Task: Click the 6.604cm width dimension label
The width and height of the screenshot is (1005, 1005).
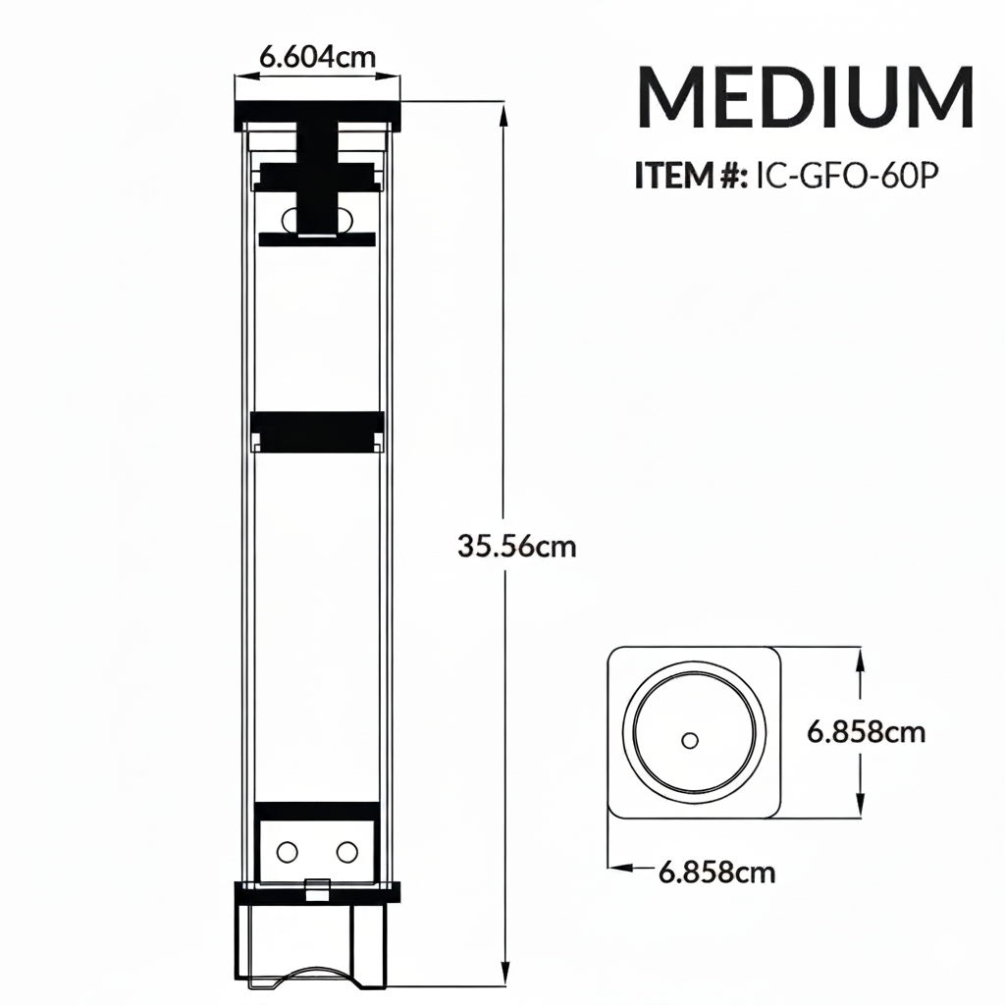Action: tap(317, 56)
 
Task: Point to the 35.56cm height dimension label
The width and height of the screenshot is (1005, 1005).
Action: tap(517, 546)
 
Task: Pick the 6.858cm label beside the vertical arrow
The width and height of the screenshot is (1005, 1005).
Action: tap(866, 731)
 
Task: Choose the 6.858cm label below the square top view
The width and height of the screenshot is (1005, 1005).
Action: tap(716, 871)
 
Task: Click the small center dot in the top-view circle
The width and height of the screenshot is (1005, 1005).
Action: tap(689, 739)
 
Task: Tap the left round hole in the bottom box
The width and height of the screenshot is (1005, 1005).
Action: tap(289, 851)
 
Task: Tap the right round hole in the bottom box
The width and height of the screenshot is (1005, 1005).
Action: tap(346, 851)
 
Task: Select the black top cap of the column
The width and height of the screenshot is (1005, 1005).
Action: tap(317, 116)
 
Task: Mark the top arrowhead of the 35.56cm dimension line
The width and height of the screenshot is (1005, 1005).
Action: tap(505, 116)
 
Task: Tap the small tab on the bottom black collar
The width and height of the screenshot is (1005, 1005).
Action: tap(317, 889)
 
